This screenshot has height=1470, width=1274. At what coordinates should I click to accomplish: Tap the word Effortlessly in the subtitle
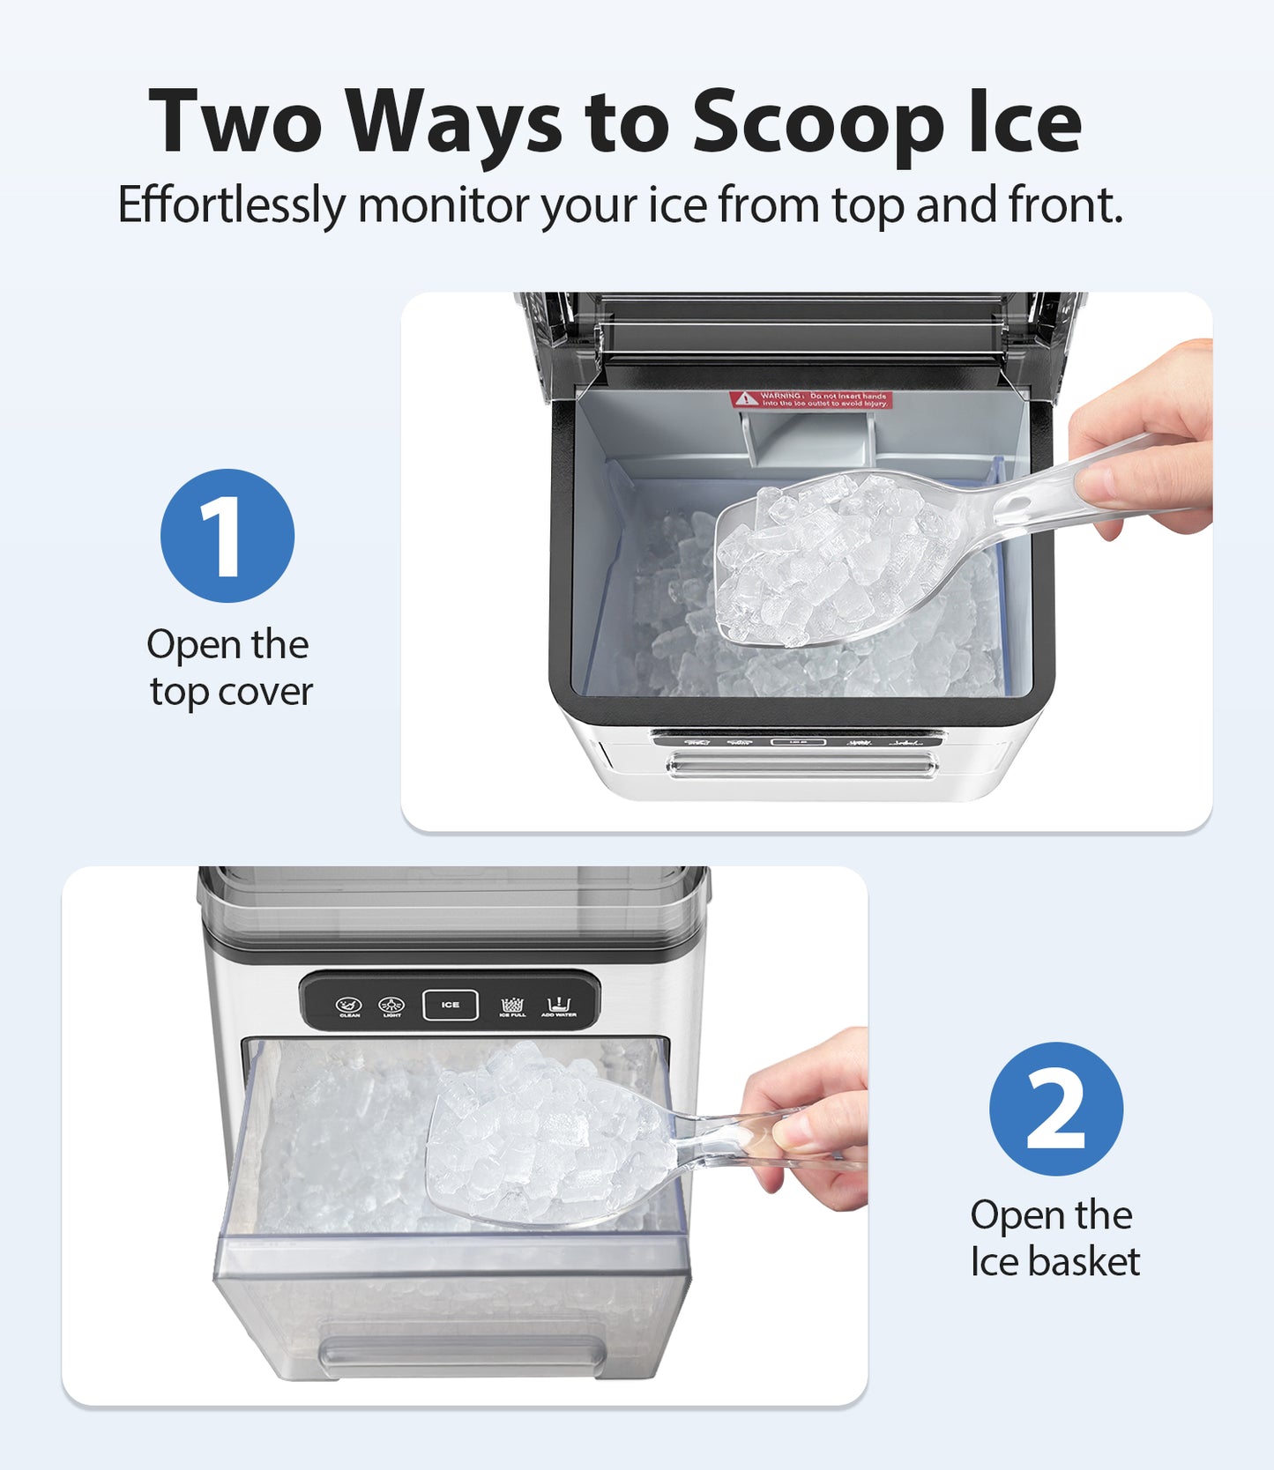coord(231,205)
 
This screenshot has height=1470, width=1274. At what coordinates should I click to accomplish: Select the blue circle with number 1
coord(227,536)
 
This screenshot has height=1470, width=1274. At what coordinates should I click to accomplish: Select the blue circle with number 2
coord(1055,1108)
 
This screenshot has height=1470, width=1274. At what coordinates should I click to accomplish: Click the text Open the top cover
coord(229,668)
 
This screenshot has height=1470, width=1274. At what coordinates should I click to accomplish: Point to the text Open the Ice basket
coord(1054,1238)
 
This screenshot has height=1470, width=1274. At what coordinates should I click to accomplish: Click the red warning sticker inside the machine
coord(810,399)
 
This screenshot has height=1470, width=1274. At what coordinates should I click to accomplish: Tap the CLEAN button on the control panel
coord(350,1006)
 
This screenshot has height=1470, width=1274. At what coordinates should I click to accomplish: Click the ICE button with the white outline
coord(451,1005)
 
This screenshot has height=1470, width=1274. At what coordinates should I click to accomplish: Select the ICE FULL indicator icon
coord(512,1006)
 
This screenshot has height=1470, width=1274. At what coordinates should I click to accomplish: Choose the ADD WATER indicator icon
coord(559,1006)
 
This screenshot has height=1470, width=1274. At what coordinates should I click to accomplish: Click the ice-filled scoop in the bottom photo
coord(538,1141)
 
